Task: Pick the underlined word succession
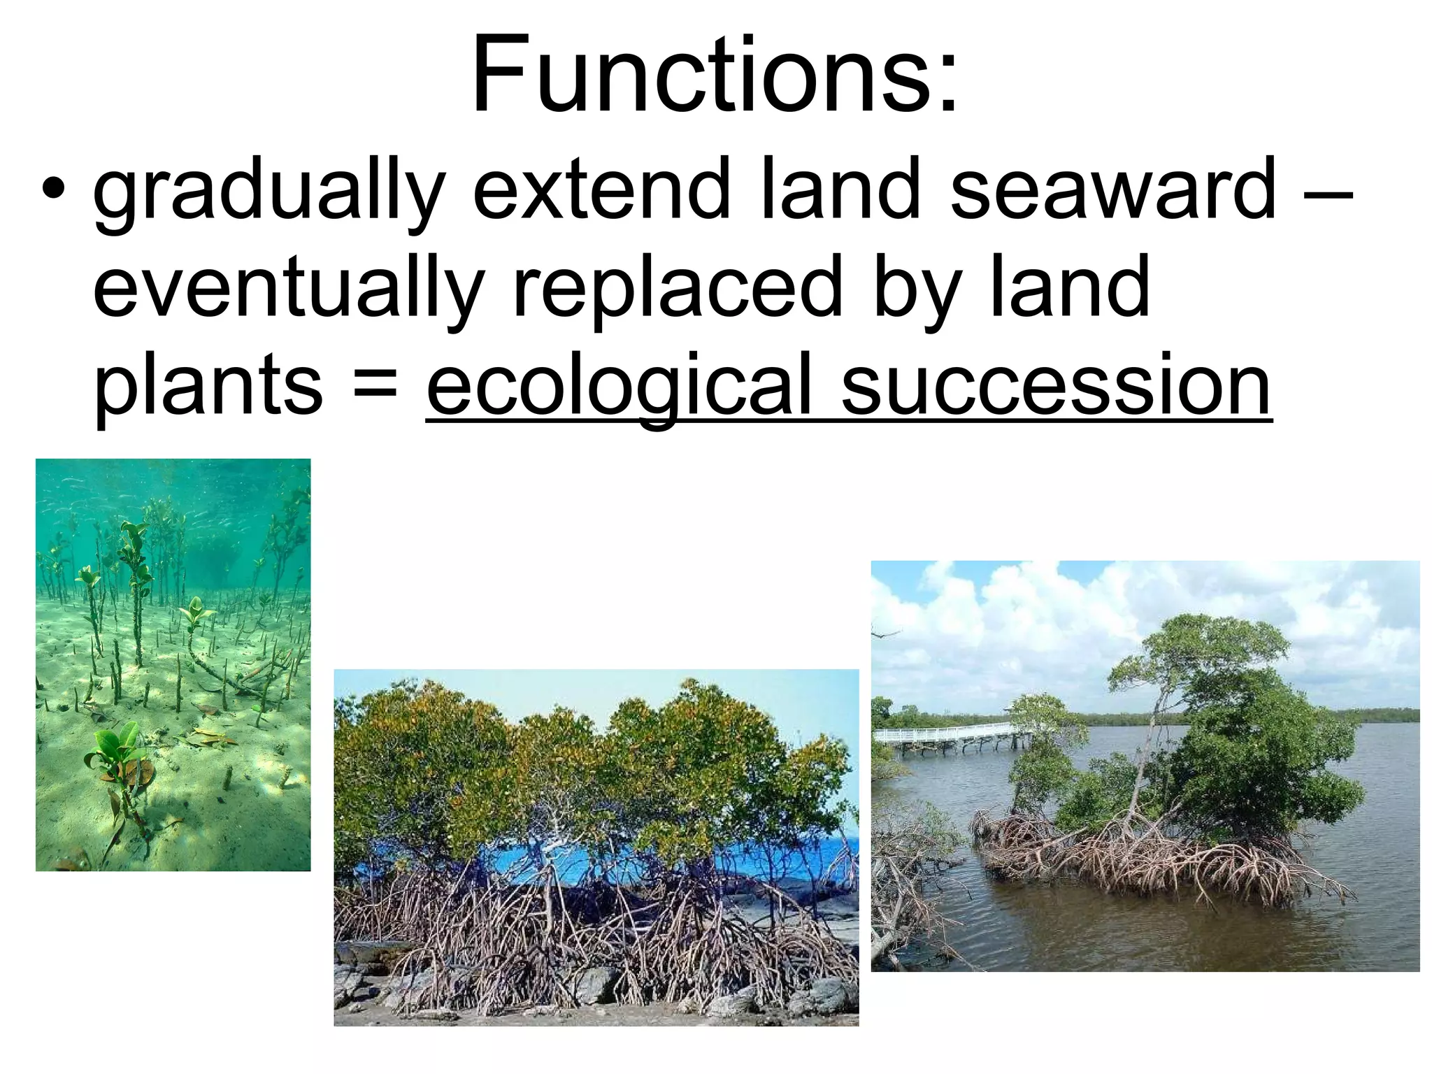point(1056,385)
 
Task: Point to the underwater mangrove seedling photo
point(173,664)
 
